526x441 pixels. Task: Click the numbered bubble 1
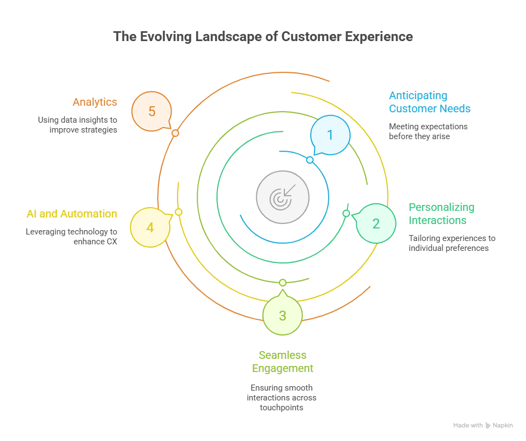[330, 134]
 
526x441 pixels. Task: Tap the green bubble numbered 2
[376, 224]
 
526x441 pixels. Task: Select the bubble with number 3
[282, 316]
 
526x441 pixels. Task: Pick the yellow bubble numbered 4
[150, 226]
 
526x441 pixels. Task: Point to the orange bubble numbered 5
[152, 112]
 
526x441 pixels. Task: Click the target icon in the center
[283, 197]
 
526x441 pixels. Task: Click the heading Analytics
[95, 102]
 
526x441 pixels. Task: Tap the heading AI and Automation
[72, 214]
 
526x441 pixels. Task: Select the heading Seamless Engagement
[283, 362]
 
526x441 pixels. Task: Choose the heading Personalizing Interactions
[442, 214]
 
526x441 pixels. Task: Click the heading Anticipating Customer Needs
[430, 102]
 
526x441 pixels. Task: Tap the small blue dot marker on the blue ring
[310, 160]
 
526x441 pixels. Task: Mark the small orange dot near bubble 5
[175, 133]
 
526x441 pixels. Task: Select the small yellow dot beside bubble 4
[178, 212]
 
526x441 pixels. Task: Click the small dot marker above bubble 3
[283, 283]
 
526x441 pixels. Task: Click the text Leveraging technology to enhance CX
[71, 237]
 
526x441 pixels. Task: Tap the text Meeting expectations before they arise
[428, 131]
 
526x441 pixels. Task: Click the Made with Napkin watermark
[483, 426]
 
